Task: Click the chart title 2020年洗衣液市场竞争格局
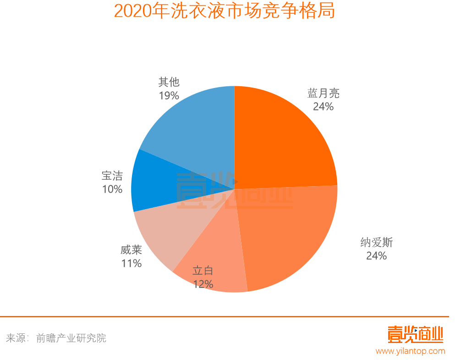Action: tap(224, 11)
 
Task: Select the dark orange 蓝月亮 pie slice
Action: tap(280, 138)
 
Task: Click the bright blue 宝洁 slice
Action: tap(151, 183)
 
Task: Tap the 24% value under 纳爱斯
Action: tap(376, 256)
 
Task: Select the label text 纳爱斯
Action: tap(377, 243)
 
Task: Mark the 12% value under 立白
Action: tap(203, 284)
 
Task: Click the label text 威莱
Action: tap(132, 250)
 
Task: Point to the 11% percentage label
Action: tap(132, 263)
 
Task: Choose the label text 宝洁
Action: tap(112, 176)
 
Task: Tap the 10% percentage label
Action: tap(112, 189)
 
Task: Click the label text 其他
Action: tap(169, 82)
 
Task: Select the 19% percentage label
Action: tap(169, 95)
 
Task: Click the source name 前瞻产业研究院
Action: tap(71, 338)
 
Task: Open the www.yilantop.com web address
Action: tap(410, 351)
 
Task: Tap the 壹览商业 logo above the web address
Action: tap(415, 334)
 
